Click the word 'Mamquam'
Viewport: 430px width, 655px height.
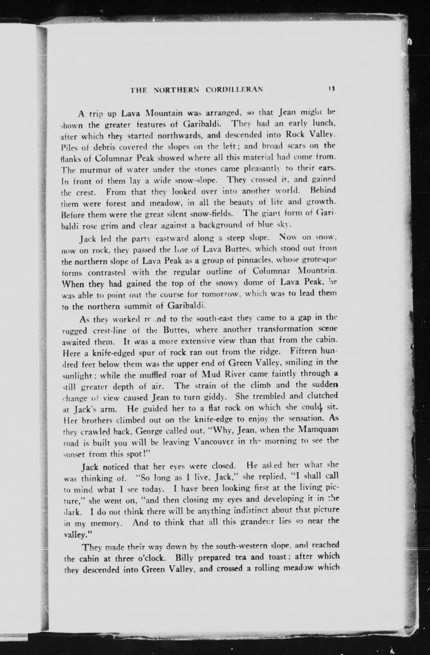318,430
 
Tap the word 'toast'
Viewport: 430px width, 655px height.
275,557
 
